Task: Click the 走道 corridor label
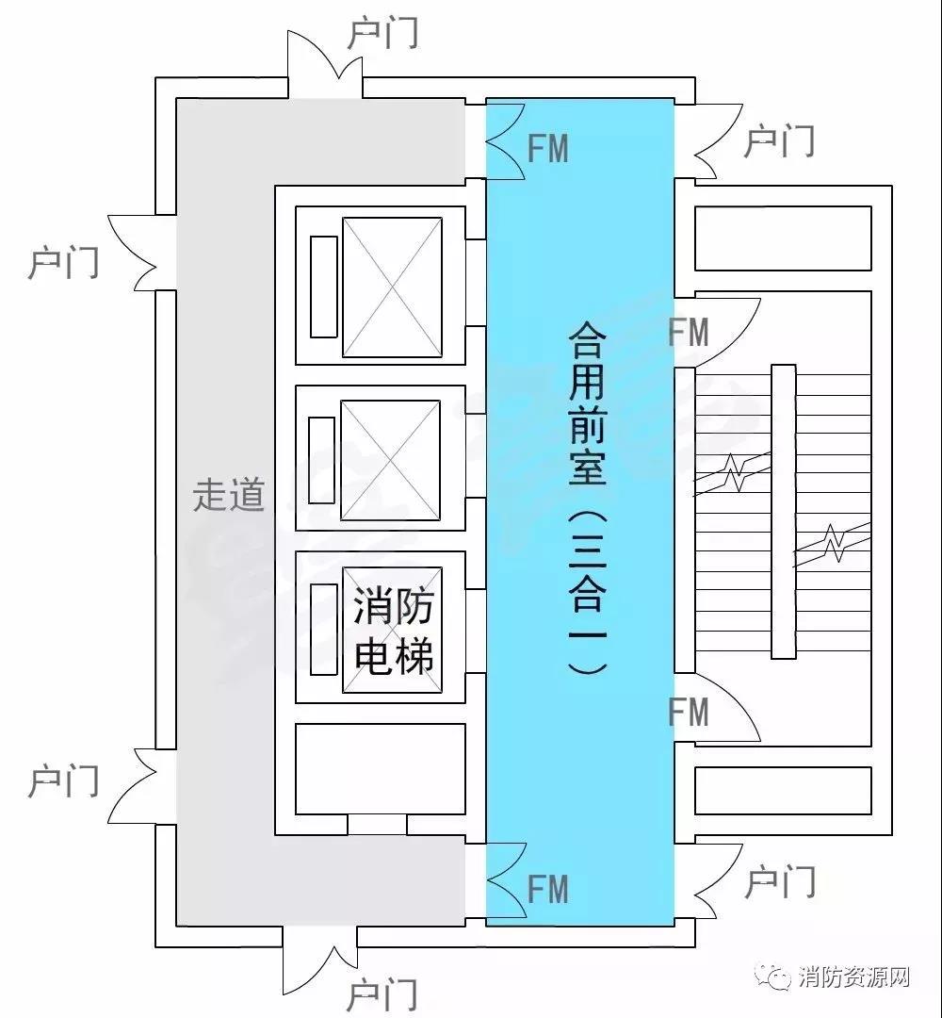(x=229, y=495)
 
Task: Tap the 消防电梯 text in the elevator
(x=393, y=631)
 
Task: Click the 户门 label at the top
(x=382, y=33)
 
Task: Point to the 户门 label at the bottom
(x=382, y=995)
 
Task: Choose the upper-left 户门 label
(x=63, y=262)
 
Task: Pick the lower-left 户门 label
(x=63, y=781)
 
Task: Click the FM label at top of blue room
(x=548, y=148)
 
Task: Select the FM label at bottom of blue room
(x=548, y=889)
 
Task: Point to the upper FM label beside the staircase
(x=689, y=333)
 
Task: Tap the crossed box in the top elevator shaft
(x=392, y=287)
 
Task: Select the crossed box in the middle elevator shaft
(x=390, y=460)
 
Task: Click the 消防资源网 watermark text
(x=854, y=977)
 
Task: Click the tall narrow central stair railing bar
(x=783, y=512)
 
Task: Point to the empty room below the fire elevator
(x=381, y=769)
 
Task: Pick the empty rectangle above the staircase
(x=783, y=238)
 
